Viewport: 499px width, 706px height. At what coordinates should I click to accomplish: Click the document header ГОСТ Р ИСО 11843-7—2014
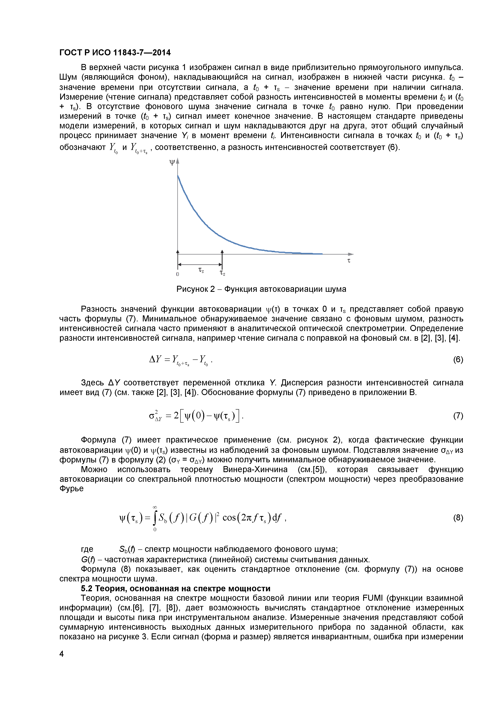pyautogui.click(x=115, y=53)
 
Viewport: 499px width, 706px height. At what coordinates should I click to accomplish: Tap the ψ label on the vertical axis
pyautogui.click(x=172, y=162)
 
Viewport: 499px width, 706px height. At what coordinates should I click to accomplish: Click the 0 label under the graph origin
pyautogui.click(x=177, y=274)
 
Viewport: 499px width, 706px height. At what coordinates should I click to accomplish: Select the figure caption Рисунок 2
pyautogui.click(x=261, y=289)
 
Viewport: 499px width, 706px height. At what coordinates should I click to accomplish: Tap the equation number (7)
pyautogui.click(x=458, y=416)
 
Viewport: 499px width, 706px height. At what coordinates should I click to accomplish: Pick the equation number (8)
pyautogui.click(x=458, y=518)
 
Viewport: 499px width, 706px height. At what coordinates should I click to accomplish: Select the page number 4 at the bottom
pyautogui.click(x=62, y=654)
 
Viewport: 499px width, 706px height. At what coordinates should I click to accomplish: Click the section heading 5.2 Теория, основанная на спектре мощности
pyautogui.click(x=176, y=588)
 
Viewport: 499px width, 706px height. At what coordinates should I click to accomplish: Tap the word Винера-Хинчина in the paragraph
pyautogui.click(x=255, y=470)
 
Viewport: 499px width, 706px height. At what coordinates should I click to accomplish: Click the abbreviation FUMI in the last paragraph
pyautogui.click(x=372, y=598)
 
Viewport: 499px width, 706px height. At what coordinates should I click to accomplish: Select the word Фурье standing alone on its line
pyautogui.click(x=71, y=489)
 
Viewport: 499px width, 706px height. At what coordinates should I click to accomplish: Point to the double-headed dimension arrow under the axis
pyautogui.click(x=200, y=264)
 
